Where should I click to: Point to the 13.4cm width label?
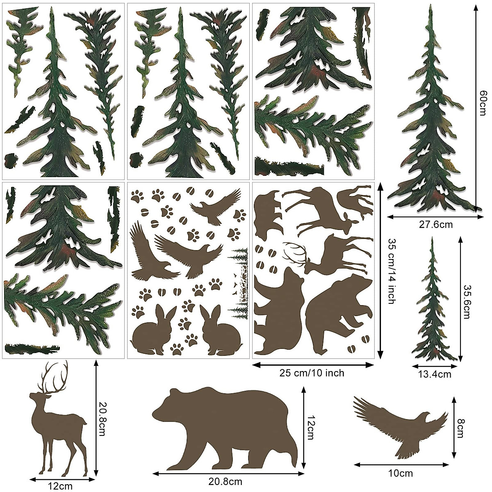435,374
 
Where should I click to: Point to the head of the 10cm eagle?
426,417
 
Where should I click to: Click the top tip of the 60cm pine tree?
431,6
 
